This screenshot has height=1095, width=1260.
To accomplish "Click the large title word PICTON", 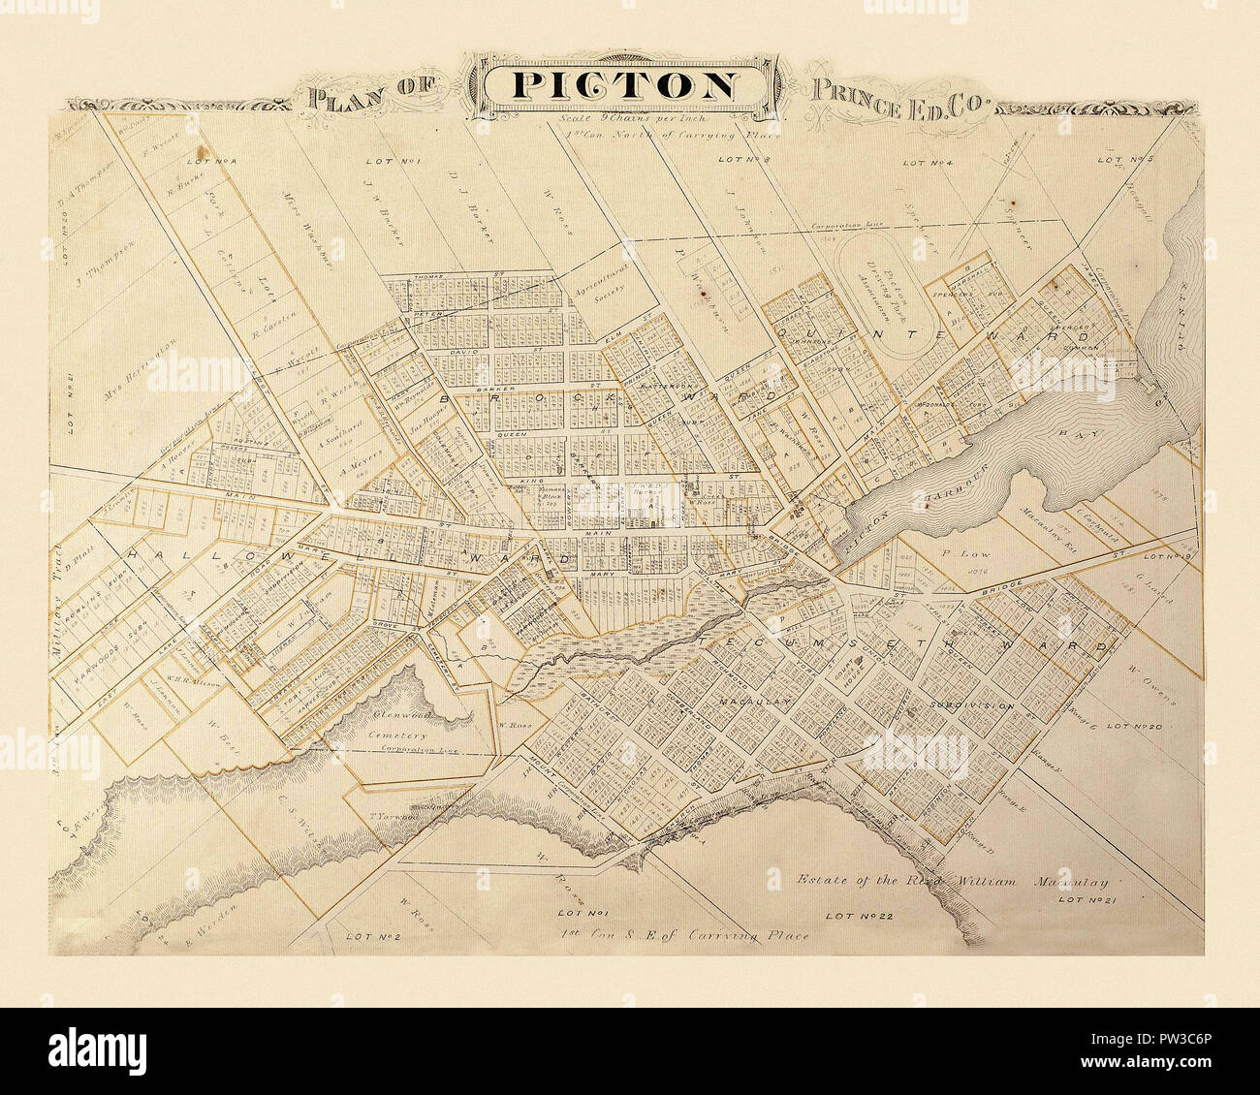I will pos(624,85).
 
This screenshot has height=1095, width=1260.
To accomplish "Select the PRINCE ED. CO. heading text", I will pos(897,95).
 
